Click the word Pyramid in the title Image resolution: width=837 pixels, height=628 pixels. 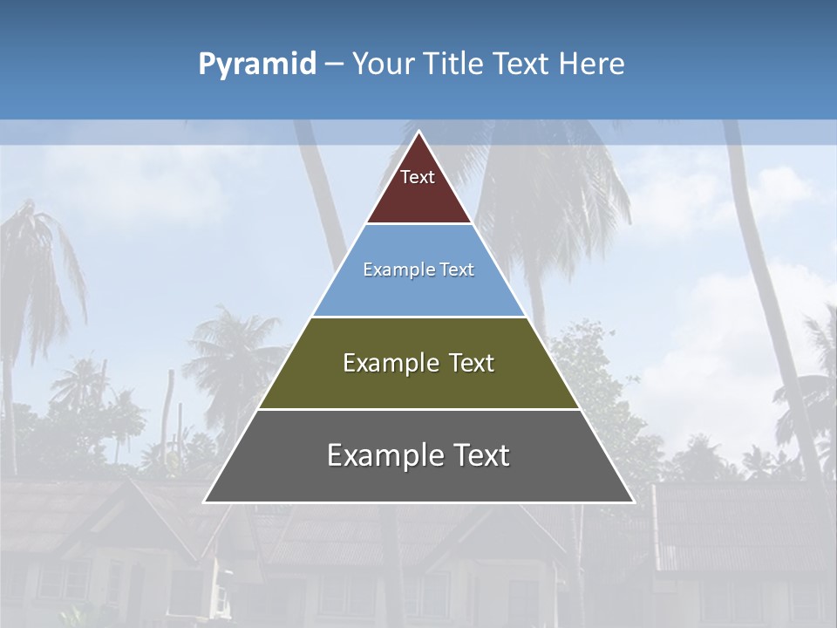(256, 65)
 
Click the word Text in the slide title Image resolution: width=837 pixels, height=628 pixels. (522, 64)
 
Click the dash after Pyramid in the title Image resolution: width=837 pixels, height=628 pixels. (334, 65)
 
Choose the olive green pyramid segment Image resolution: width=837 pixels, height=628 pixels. (418, 384)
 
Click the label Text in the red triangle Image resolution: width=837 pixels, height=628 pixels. (418, 177)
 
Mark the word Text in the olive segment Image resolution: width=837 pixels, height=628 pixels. (468, 363)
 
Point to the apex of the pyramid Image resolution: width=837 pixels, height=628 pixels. (418, 133)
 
